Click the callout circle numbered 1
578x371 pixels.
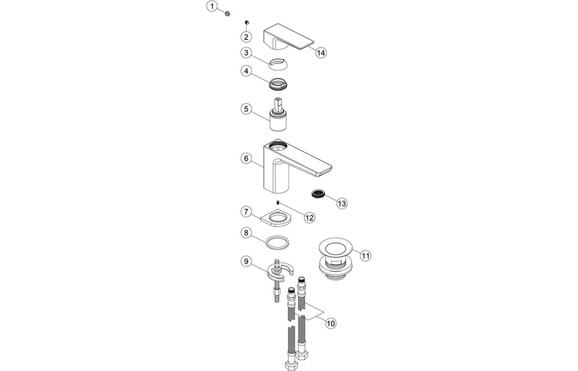point(212,7)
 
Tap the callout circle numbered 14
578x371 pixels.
point(321,53)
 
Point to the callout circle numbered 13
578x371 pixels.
point(342,203)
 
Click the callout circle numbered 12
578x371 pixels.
point(310,217)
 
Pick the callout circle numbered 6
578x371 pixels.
point(246,158)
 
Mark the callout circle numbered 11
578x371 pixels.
point(364,256)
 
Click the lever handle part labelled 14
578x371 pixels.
point(286,38)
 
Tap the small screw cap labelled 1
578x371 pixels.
point(227,12)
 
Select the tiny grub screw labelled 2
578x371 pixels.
point(248,21)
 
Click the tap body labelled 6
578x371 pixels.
point(277,167)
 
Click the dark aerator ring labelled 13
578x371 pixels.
point(317,193)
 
